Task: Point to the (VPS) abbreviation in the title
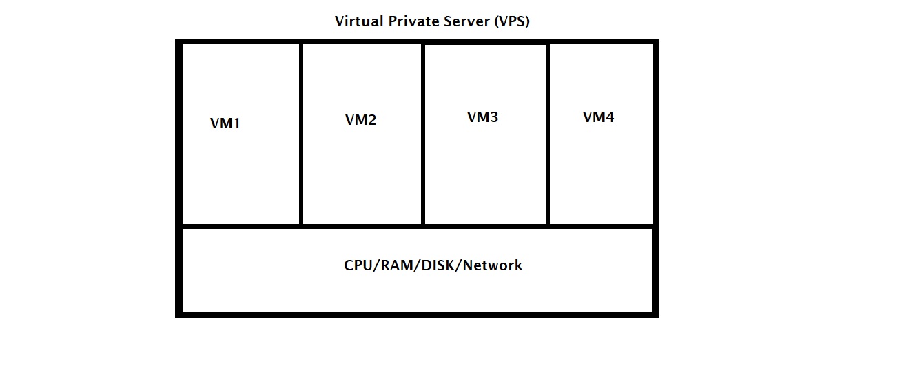click(511, 21)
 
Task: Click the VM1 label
click(225, 124)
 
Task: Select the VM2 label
click(360, 120)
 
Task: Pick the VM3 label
click(482, 117)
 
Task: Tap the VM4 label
click(598, 117)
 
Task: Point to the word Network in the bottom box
click(493, 265)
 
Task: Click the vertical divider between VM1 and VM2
click(300, 134)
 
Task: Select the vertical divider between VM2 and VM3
click(422, 134)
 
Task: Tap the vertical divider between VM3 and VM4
click(548, 134)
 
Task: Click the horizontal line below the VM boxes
click(417, 225)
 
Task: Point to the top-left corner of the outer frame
click(178, 43)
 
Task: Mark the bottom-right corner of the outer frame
click(656, 314)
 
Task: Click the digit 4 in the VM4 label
click(609, 117)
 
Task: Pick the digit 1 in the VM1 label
click(236, 124)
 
